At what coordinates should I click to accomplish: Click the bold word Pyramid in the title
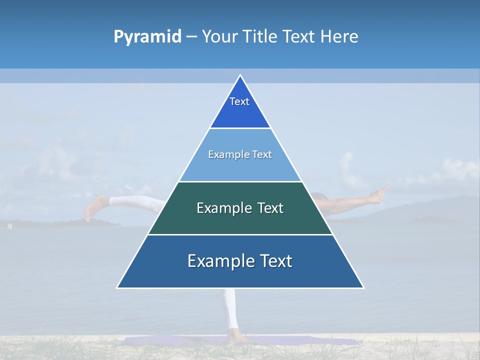tap(147, 37)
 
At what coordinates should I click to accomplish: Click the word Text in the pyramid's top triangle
tap(239, 101)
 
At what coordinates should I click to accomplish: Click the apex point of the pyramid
tap(240, 75)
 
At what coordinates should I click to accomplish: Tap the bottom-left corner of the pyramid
tap(117, 287)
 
